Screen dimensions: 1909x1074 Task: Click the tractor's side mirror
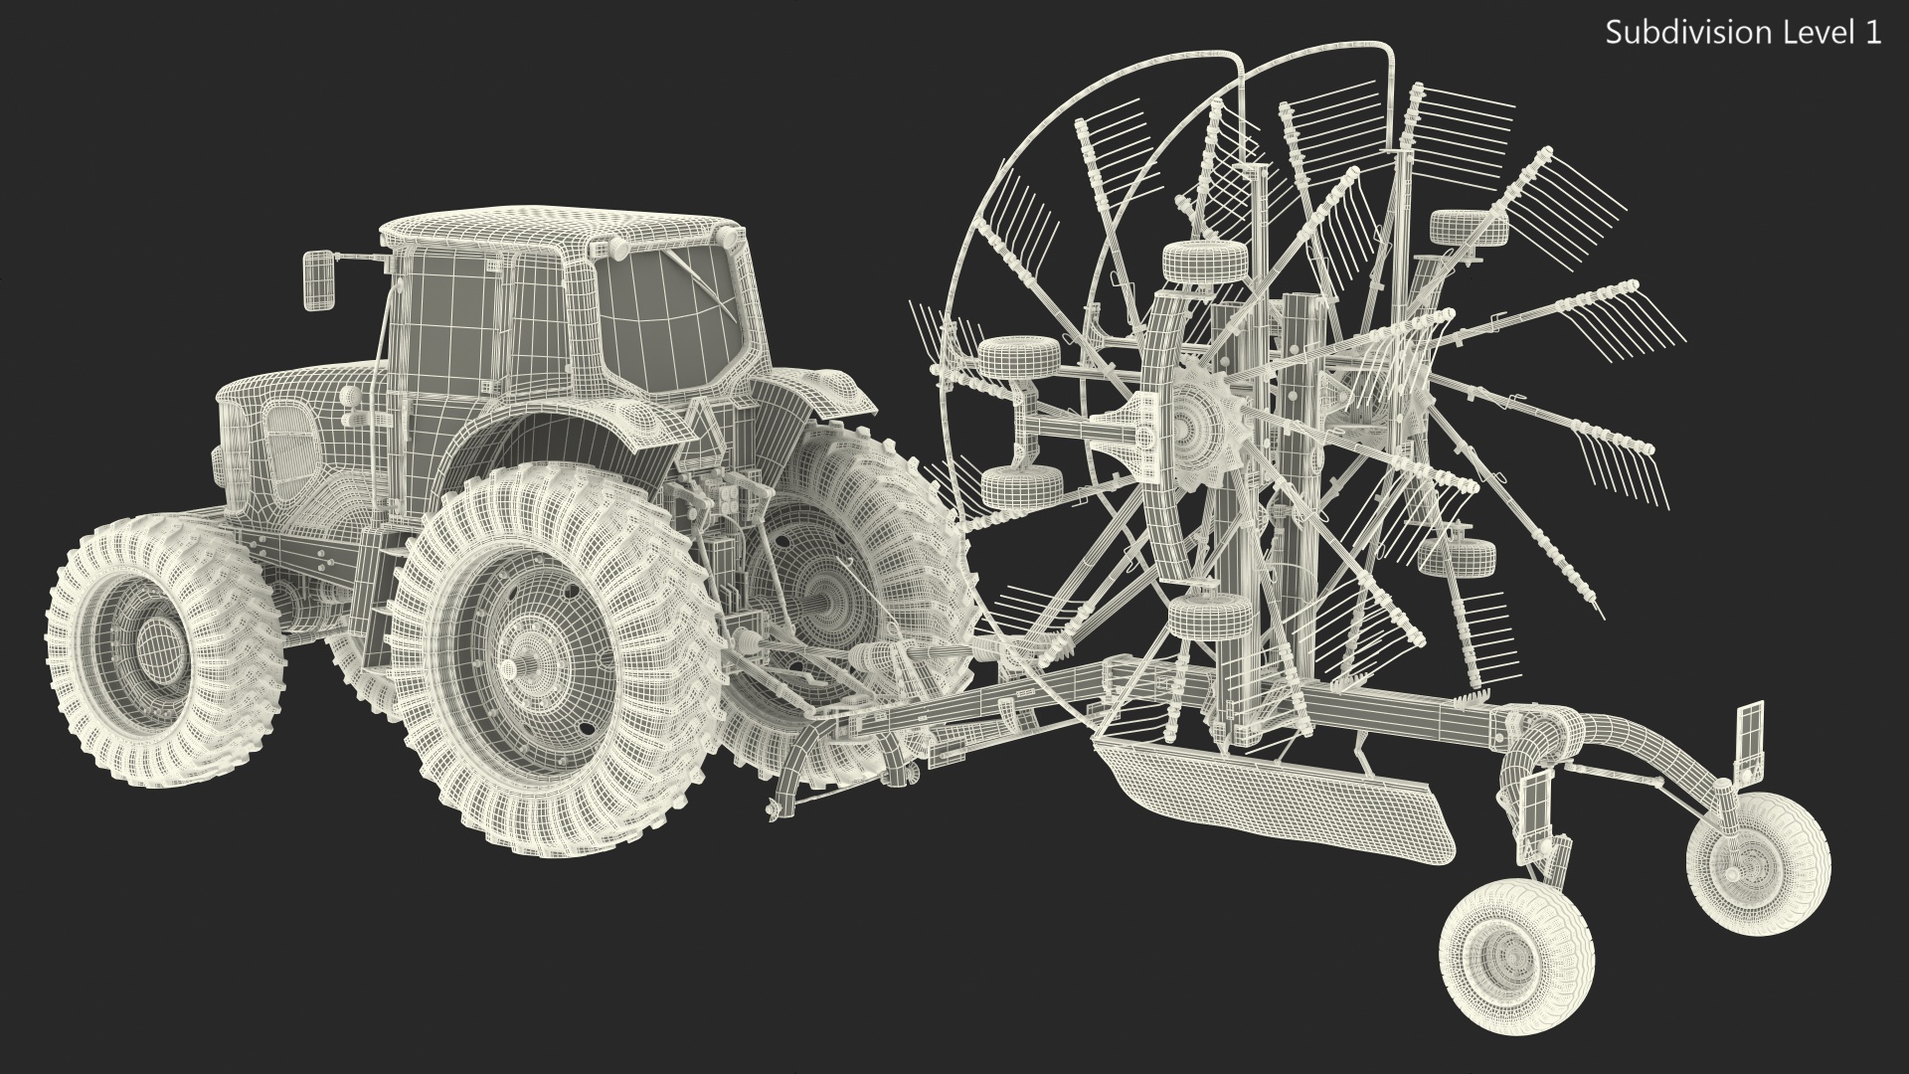320,278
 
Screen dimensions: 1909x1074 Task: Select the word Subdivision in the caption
1675,33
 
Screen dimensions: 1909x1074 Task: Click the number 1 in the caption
1873,33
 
